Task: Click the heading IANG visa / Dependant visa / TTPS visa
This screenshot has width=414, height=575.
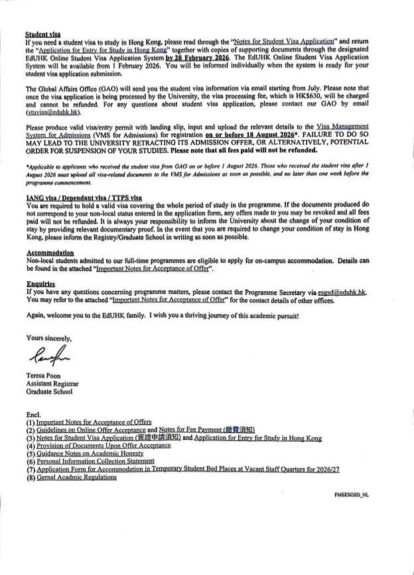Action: click(x=84, y=198)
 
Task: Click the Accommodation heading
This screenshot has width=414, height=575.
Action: click(x=50, y=253)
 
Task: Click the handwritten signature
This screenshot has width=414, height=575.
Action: click(x=50, y=357)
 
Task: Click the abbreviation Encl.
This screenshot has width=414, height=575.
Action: click(x=34, y=414)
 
